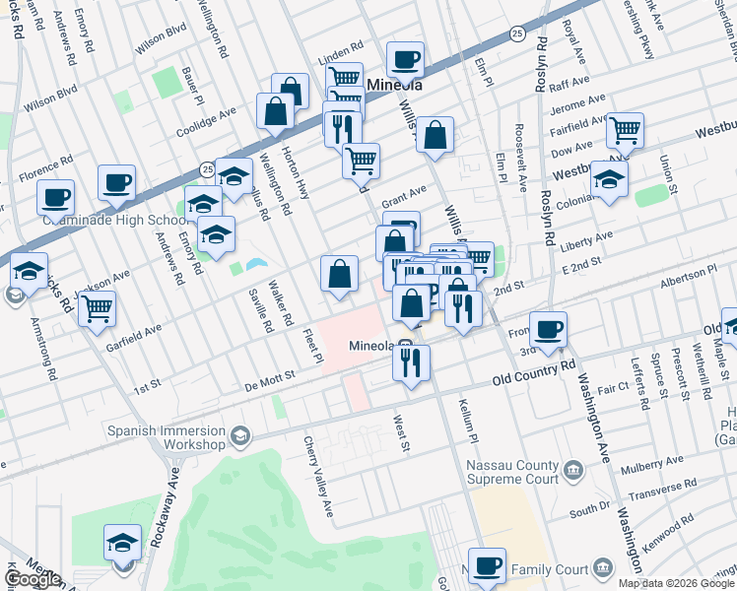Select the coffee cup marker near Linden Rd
(x=405, y=60)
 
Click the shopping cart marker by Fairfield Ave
(x=625, y=129)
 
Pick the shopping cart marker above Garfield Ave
(x=97, y=308)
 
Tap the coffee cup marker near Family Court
(x=487, y=566)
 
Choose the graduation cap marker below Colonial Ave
(x=609, y=180)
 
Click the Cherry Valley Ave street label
(x=319, y=478)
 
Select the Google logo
(x=33, y=579)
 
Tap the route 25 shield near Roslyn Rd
(x=516, y=34)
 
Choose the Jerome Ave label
(x=577, y=101)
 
